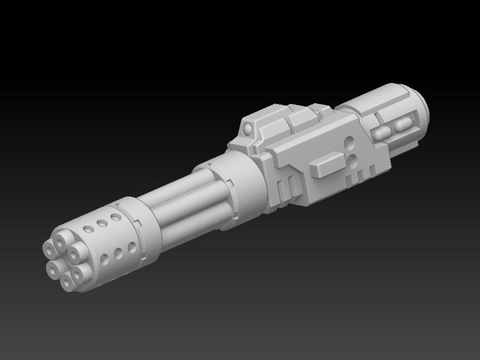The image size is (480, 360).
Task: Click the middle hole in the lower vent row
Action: (x=119, y=253)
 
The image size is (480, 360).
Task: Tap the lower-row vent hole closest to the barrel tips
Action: (x=105, y=259)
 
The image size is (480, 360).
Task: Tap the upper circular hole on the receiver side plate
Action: (x=350, y=143)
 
